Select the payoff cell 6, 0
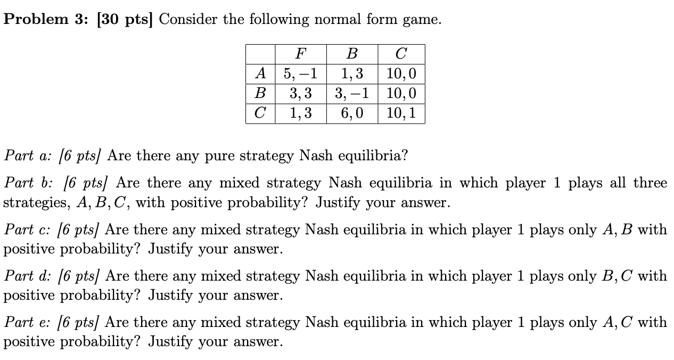352,113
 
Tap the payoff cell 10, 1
401,113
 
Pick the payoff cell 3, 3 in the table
301,94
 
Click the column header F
301,54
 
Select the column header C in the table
401,54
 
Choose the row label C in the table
260,113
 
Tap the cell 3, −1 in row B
352,94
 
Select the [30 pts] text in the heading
124,20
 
